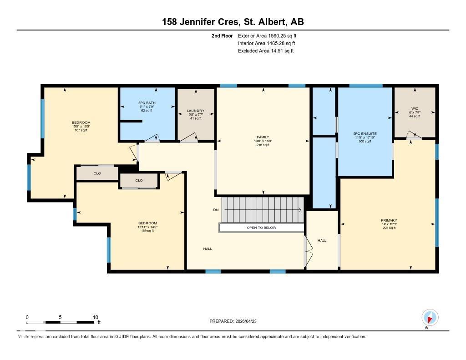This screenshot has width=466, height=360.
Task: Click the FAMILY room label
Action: (x=263, y=137)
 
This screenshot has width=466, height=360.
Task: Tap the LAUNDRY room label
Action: (x=195, y=111)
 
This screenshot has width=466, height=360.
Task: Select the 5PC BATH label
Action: (x=147, y=102)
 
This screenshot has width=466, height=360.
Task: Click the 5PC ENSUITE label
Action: (x=365, y=133)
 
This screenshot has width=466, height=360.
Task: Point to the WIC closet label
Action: (x=414, y=109)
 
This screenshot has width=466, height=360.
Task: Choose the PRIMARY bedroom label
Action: (x=389, y=220)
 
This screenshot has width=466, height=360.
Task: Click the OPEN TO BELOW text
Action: (x=261, y=228)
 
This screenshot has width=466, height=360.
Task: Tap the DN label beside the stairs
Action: (x=216, y=210)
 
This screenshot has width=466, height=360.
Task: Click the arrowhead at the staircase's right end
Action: (x=299, y=210)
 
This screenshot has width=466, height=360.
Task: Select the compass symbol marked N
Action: (x=430, y=317)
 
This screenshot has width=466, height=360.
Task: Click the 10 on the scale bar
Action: (x=96, y=317)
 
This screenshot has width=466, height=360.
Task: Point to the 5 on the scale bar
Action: (x=60, y=317)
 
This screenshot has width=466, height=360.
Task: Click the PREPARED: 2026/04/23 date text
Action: (x=236, y=321)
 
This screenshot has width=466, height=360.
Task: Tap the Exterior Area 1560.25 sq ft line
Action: (x=267, y=35)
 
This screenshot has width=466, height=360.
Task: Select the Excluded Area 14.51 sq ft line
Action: (x=266, y=51)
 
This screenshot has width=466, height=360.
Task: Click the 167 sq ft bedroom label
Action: (x=81, y=130)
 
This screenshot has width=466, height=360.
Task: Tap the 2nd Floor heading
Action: (x=222, y=35)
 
